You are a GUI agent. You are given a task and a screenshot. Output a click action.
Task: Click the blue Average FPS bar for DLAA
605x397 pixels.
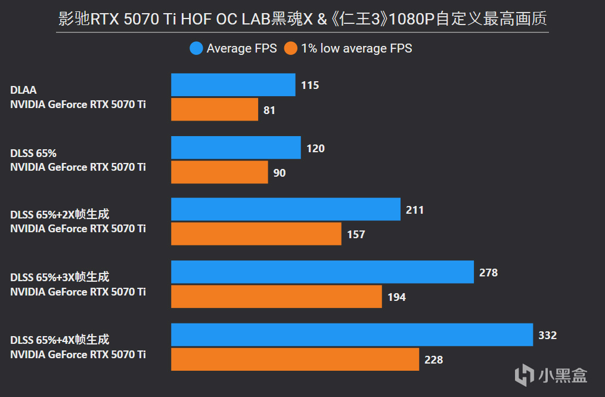233,85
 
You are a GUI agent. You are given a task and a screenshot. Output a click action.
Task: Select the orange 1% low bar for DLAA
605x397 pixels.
215,110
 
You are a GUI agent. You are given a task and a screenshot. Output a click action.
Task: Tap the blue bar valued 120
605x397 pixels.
235,148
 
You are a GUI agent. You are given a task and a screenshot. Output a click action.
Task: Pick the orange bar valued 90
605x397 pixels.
219,173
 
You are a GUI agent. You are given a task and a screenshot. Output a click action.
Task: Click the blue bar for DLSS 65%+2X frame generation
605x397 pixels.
286,210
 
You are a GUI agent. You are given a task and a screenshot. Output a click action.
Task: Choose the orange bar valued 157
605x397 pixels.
256,234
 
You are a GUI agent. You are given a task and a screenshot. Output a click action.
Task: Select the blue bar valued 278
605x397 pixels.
322,272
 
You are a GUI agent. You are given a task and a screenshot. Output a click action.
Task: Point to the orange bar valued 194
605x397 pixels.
276,297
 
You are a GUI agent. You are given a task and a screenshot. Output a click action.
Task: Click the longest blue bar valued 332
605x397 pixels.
352,335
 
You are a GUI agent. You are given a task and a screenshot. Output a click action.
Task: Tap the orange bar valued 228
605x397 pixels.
295,359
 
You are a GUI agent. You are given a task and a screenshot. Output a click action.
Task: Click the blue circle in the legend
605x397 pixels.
196,48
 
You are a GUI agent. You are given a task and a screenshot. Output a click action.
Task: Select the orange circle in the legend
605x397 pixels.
291,48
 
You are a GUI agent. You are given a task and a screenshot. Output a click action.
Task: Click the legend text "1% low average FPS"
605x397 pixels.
356,48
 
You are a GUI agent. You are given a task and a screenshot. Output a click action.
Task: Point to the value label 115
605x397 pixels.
310,85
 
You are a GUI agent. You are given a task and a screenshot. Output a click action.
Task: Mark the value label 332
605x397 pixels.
547,336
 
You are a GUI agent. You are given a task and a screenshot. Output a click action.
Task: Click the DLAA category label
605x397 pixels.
23,90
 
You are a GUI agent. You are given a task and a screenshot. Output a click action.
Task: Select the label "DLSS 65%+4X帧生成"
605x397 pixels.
60,340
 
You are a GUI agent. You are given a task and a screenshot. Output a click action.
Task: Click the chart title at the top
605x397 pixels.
302,19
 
